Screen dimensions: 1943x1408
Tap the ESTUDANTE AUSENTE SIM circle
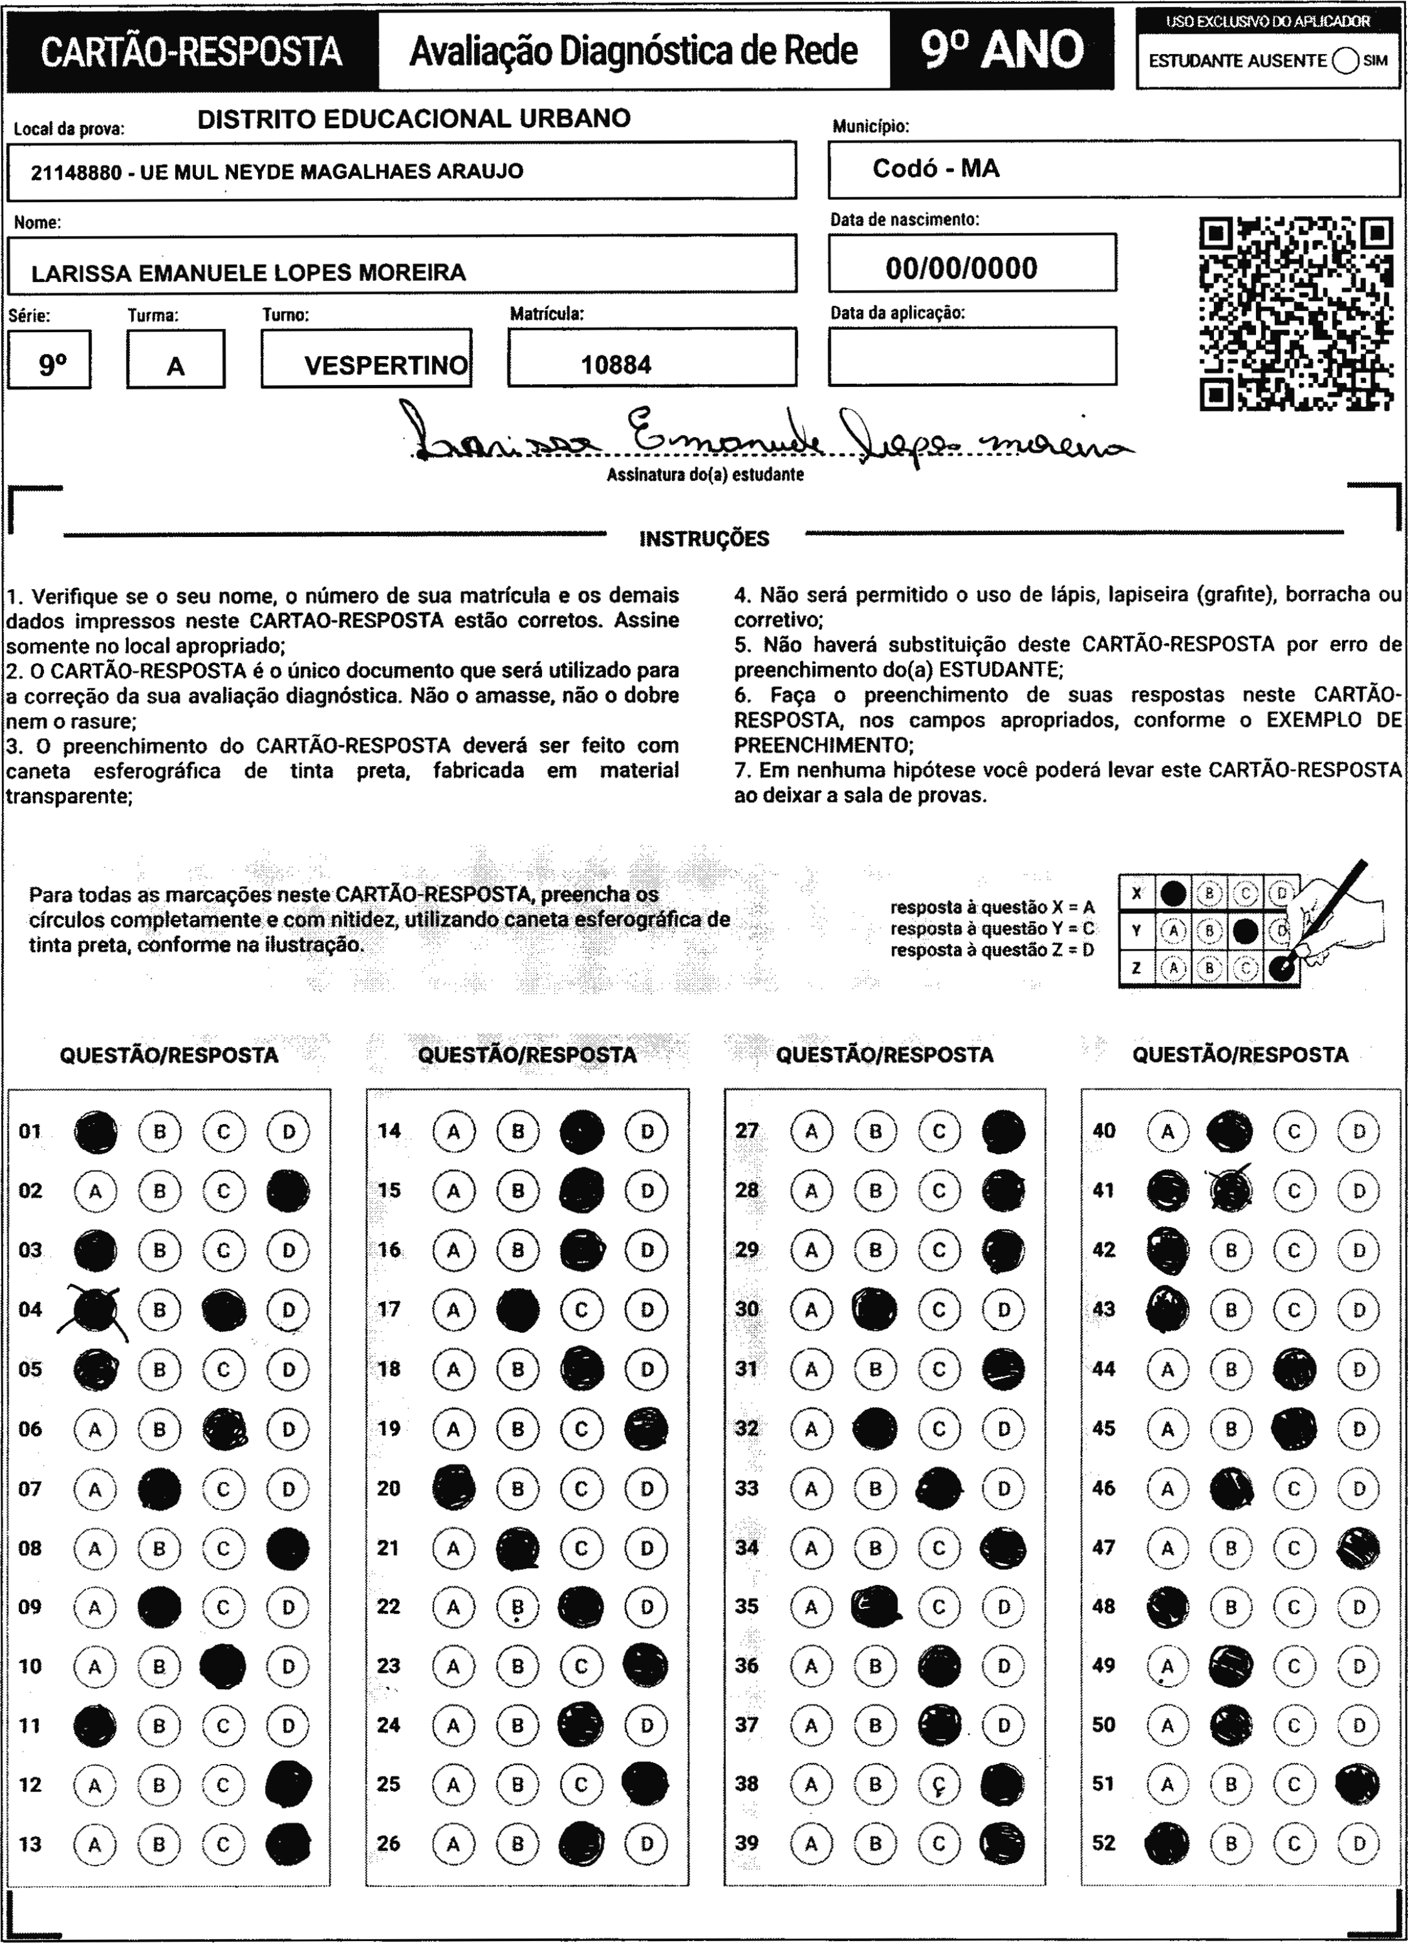tap(1345, 61)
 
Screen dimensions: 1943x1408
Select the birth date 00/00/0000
tap(961, 268)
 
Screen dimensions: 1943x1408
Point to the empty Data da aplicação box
tap(972, 355)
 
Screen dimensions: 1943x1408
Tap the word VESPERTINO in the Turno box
tap(386, 366)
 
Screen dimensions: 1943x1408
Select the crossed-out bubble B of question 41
tap(1231, 1191)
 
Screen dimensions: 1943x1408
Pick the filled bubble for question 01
tap(95, 1132)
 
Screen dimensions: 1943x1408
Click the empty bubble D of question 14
tap(646, 1132)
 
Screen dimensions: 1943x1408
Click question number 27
tap(747, 1131)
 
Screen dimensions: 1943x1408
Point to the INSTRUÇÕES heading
tap(703, 539)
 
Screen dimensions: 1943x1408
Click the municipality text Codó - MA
tap(936, 169)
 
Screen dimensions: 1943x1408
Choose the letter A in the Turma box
tap(176, 367)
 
